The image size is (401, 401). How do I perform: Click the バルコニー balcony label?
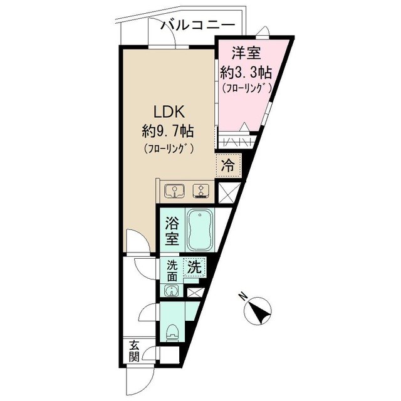point(198,25)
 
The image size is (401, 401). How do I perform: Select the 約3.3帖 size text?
point(246,72)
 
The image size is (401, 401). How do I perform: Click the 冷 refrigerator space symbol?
point(229,167)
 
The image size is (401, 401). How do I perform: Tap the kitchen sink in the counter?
point(173,190)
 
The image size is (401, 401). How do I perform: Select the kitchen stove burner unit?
point(201,190)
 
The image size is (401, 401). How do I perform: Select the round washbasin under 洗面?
point(171,291)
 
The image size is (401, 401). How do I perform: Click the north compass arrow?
point(258,311)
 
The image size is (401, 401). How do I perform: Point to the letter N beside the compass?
point(243,296)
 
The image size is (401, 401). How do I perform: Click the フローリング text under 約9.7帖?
point(167,149)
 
